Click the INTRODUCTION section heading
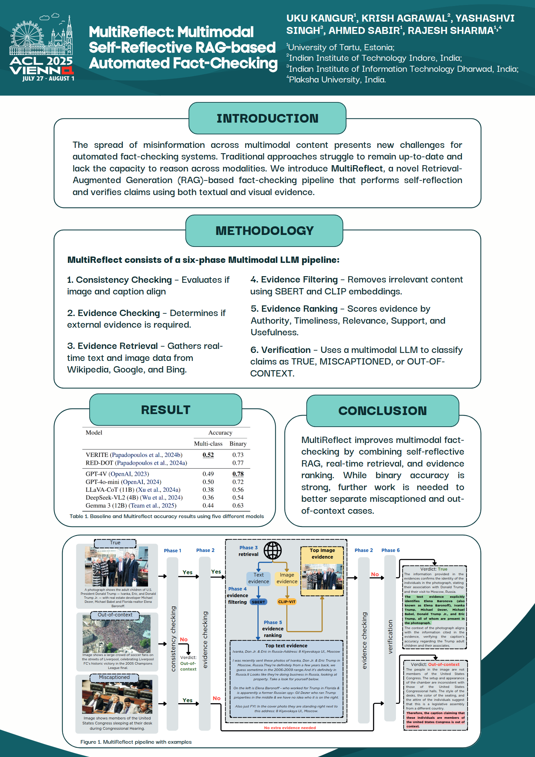(267, 118)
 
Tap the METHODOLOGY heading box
(264, 231)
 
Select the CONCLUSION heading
(382, 411)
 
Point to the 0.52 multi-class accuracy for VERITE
(208, 455)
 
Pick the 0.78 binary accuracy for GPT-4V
(238, 474)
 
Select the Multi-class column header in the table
(208, 444)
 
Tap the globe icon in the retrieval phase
(272, 550)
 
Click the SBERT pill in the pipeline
(258, 602)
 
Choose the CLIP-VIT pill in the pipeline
(287, 602)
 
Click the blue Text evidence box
(259, 578)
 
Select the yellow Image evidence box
(287, 578)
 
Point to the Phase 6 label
(390, 550)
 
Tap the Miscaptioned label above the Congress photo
(114, 677)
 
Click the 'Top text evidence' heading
(286, 645)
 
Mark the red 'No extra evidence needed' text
(290, 728)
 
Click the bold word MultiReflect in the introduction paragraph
(357, 168)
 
